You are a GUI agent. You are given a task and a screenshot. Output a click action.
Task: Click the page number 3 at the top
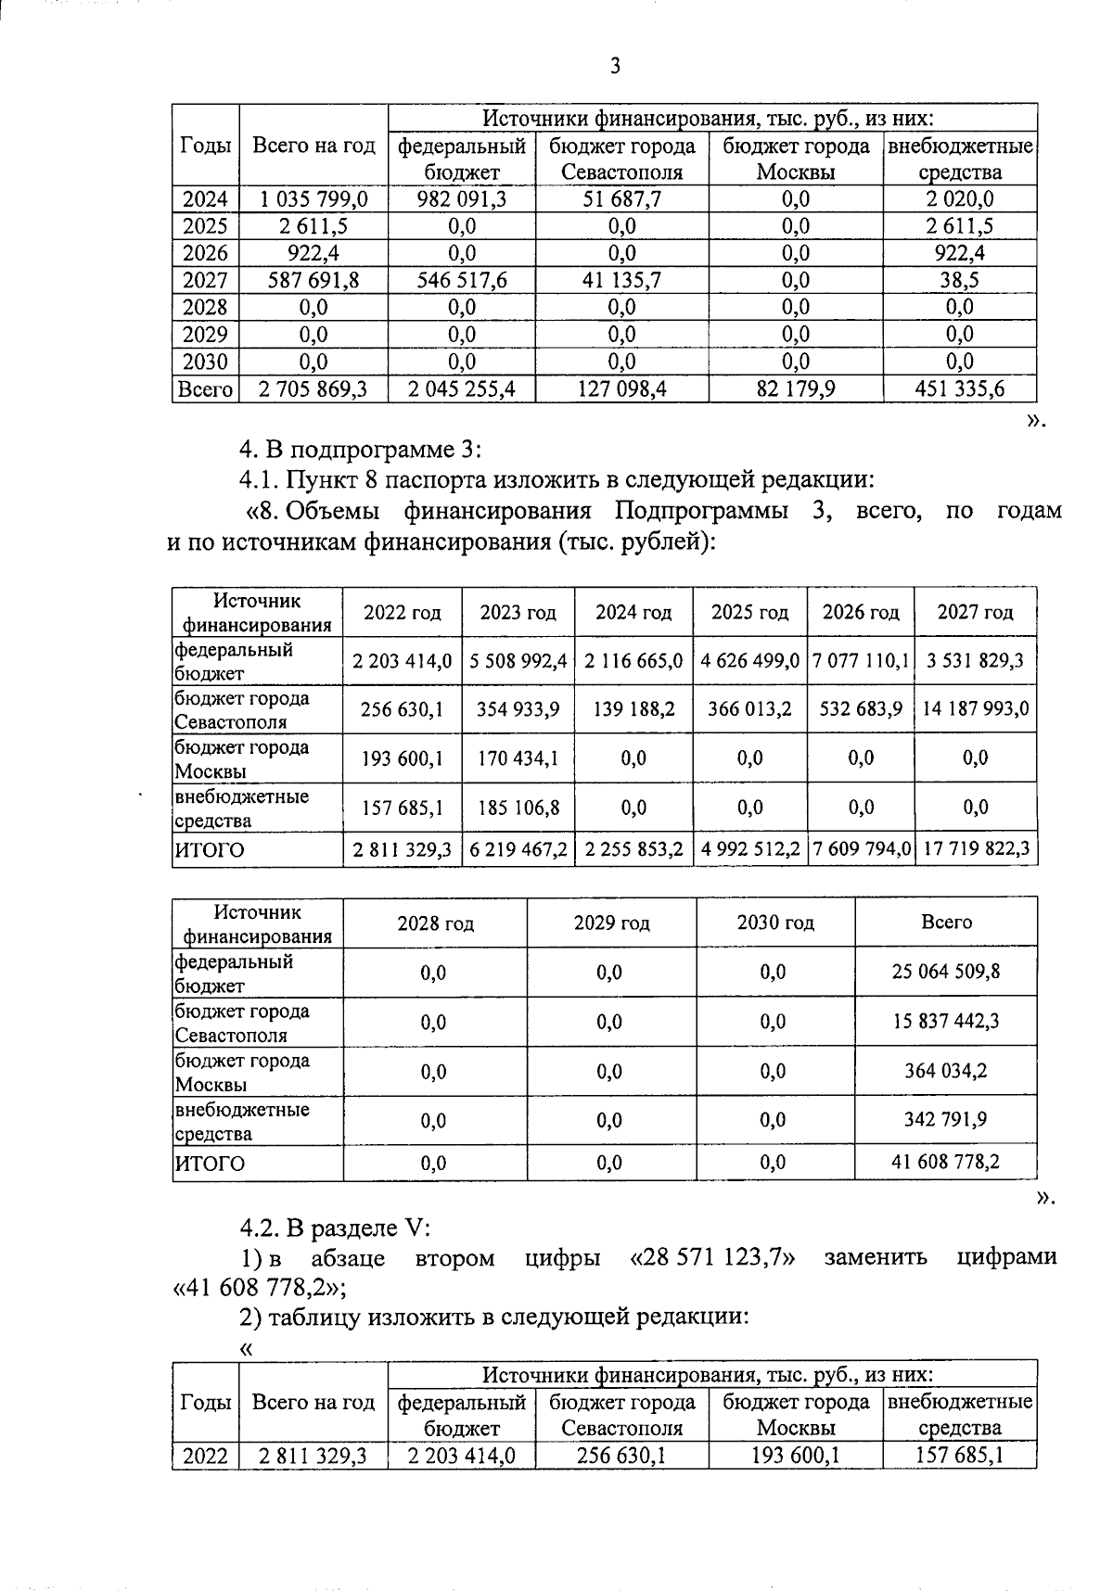coord(614,66)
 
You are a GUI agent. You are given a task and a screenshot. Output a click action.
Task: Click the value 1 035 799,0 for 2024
coord(313,199)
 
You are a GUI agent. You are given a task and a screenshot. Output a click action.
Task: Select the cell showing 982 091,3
coord(462,199)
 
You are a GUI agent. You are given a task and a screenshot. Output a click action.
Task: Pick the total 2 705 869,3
coord(313,389)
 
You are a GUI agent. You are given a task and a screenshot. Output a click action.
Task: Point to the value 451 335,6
coord(960,389)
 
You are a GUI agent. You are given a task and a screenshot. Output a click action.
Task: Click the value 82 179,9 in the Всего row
coord(796,389)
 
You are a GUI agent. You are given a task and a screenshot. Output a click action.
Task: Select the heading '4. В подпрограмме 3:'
coord(360,450)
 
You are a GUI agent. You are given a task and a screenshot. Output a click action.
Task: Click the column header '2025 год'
coord(749,613)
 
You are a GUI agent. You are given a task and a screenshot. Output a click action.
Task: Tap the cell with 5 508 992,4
coord(518,661)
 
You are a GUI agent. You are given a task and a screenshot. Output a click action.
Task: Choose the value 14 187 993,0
coord(976,710)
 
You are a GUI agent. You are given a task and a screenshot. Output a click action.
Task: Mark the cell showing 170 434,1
coord(518,758)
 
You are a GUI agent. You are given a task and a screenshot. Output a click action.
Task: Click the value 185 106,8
coord(518,808)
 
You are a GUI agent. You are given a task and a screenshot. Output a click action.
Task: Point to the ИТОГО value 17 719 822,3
coord(976,849)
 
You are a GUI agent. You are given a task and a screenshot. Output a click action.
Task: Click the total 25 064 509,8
coord(946,973)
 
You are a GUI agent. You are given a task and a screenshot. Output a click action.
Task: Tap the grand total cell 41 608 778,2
coord(946,1162)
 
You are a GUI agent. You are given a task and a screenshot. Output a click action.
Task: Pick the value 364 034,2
coord(946,1072)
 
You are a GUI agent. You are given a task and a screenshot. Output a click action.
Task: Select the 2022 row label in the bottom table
coord(205,1457)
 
